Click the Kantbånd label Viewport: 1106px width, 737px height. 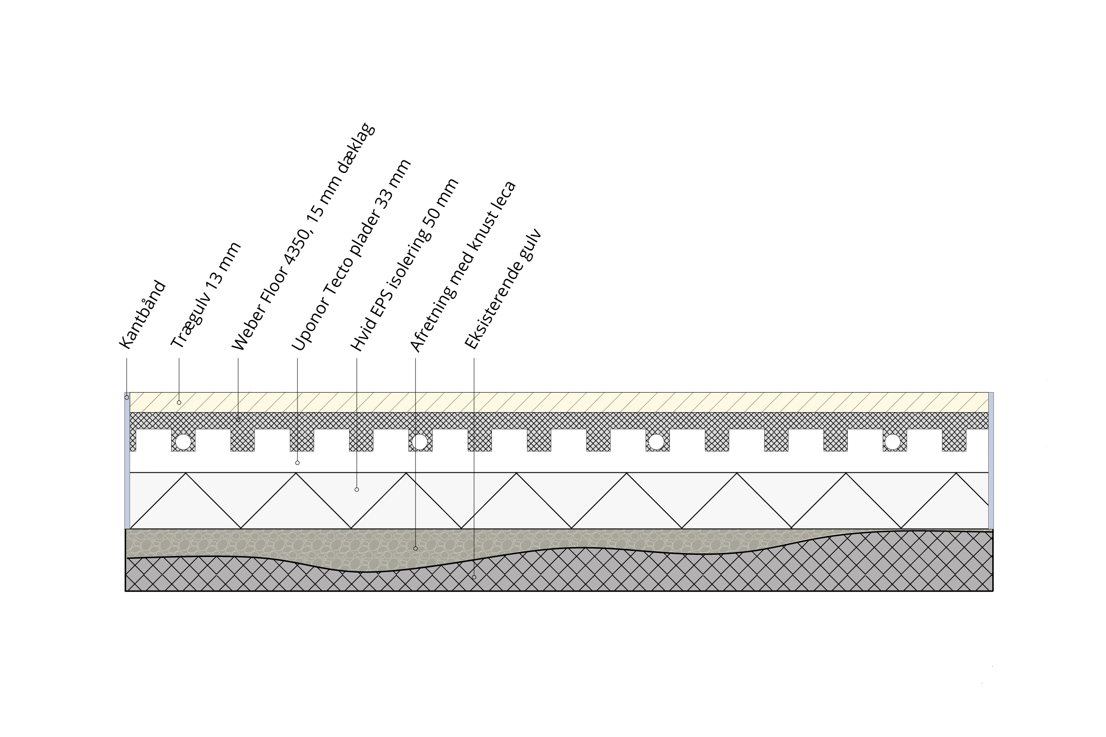(x=143, y=315)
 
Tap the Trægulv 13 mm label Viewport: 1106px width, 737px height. (x=206, y=295)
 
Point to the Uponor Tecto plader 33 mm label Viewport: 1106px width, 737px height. (x=351, y=255)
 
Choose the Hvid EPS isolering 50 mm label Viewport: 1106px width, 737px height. (x=404, y=265)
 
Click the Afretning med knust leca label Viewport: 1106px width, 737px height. (x=463, y=266)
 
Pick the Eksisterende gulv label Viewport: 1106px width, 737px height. (x=503, y=289)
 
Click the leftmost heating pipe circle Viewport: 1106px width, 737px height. (x=183, y=442)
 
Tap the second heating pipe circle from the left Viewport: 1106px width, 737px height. (x=420, y=442)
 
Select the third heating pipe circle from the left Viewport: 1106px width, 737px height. (x=656, y=442)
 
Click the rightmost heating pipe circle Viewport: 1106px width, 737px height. (x=892, y=442)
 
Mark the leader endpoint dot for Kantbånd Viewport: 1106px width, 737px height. (x=127, y=397)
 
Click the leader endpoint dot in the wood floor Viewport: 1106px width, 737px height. (x=179, y=403)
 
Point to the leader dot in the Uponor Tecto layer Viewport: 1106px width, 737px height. (x=297, y=463)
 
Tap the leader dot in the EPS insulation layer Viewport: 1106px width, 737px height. (x=357, y=490)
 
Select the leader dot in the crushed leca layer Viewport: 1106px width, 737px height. (x=415, y=549)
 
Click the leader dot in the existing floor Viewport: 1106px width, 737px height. (x=474, y=577)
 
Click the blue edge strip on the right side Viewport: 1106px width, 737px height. (x=991, y=461)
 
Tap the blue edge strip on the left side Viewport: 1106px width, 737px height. (x=127, y=461)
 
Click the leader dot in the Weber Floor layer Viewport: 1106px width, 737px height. (x=238, y=420)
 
